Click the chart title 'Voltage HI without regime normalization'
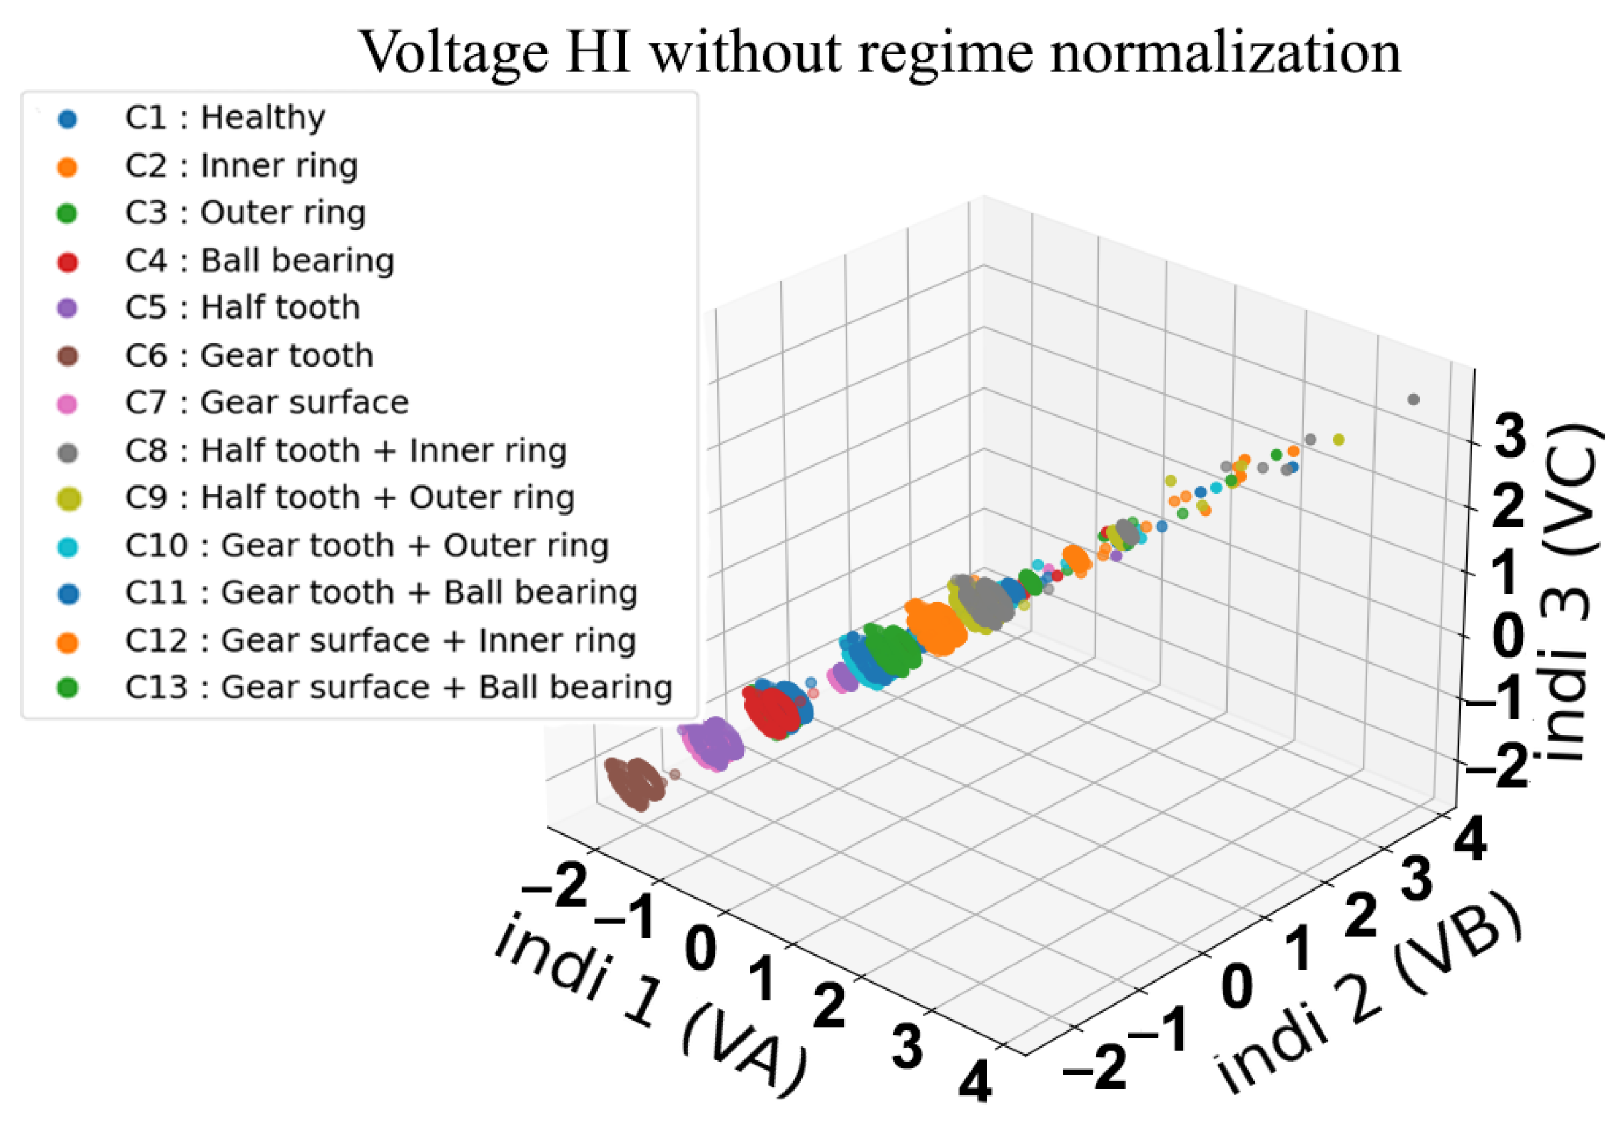[881, 52]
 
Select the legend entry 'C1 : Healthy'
[224, 118]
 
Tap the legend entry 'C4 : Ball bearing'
[259, 261]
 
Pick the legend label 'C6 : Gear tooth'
[249, 355]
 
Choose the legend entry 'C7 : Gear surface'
[267, 403]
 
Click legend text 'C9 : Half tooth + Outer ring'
[349, 498]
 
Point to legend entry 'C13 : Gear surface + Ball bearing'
[398, 688]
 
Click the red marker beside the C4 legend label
[68, 262]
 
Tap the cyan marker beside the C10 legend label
[68, 547]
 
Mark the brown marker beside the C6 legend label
[68, 356]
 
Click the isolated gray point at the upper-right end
[1413, 399]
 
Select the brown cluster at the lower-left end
[635, 783]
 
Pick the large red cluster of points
[772, 712]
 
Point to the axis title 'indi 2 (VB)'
[1367, 996]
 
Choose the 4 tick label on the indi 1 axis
[975, 1081]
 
